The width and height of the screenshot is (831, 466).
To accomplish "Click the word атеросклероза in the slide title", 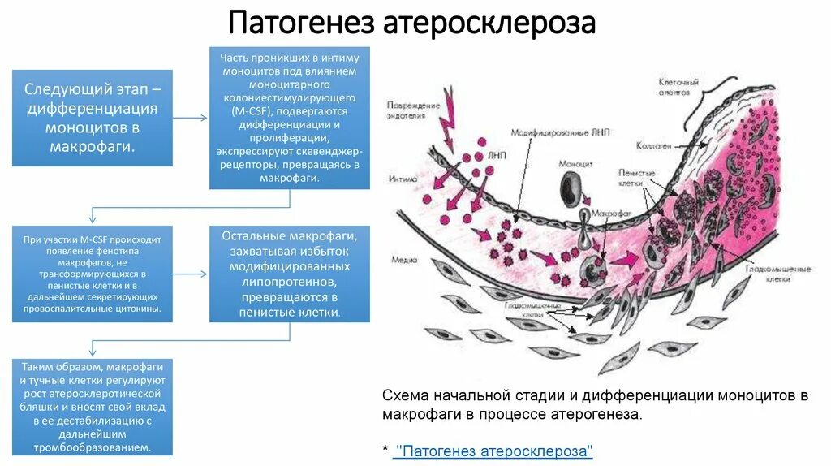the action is pyautogui.click(x=489, y=23).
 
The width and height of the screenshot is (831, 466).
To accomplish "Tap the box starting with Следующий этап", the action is pyautogui.click(x=92, y=117).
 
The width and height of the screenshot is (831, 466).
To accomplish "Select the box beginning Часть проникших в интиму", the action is pyautogui.click(x=290, y=118).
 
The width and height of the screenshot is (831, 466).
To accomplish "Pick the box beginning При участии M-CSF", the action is pyautogui.click(x=92, y=274).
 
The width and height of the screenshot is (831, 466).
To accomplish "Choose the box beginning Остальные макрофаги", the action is pyautogui.click(x=290, y=274).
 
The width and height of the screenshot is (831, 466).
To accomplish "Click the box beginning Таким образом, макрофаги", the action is pyautogui.click(x=92, y=407).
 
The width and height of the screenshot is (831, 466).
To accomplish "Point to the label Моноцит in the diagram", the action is pyautogui.click(x=575, y=164).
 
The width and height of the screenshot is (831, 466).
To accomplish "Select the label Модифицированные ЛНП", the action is pyautogui.click(x=555, y=131).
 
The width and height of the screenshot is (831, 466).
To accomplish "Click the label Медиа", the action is pyautogui.click(x=404, y=260).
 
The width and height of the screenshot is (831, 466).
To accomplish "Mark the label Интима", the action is pyautogui.click(x=403, y=179).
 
